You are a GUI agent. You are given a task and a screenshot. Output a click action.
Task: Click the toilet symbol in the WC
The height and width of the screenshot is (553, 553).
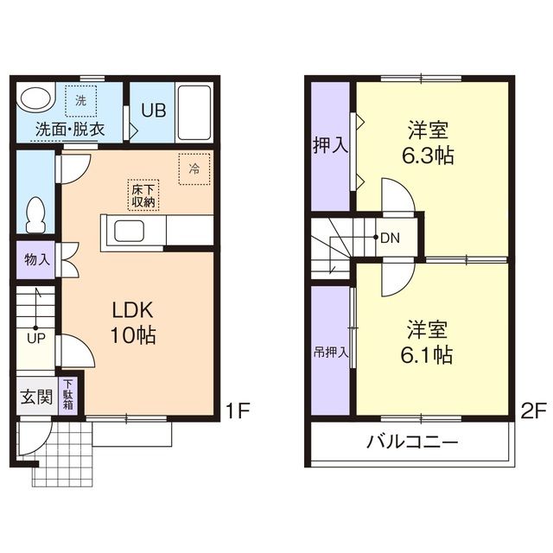coord(35,213)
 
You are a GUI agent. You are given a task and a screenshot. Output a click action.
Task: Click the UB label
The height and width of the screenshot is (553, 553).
coord(153,111)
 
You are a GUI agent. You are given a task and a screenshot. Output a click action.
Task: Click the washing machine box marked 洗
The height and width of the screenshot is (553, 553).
coord(80,101)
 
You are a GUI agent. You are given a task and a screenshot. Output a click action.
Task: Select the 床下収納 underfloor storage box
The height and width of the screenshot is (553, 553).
coord(143,194)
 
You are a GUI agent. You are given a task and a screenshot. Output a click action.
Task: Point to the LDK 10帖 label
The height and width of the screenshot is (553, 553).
coord(131,322)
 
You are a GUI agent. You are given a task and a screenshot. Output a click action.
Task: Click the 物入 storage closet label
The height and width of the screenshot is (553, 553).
coord(37,258)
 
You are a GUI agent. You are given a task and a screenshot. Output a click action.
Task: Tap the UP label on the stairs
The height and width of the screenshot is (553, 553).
coord(35,338)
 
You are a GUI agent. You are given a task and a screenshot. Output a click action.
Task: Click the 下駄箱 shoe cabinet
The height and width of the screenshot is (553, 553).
coord(67,397)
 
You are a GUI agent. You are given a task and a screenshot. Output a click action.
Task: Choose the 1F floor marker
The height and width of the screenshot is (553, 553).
coord(238,410)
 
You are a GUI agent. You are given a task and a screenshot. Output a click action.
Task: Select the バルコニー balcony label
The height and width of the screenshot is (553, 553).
coord(411,445)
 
